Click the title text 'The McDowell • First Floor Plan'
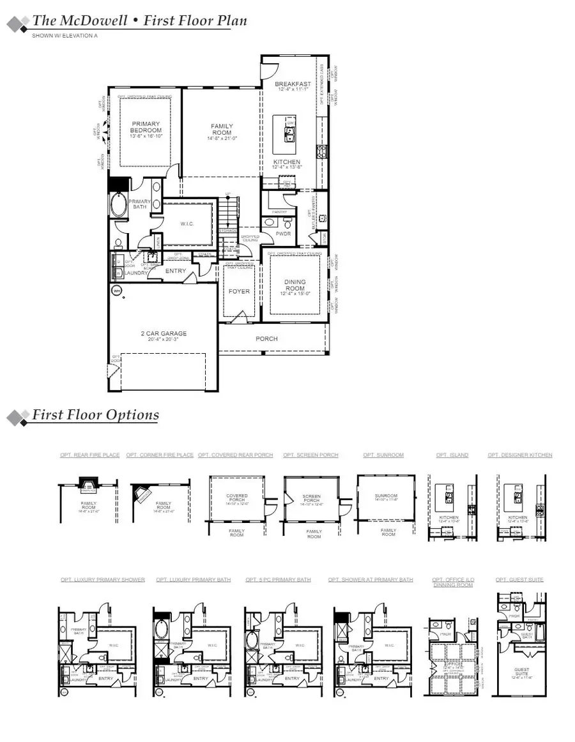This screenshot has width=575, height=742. coord(139,20)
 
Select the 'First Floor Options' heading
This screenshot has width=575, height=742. coord(96,415)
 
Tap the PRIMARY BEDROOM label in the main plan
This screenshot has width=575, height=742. coord(146,127)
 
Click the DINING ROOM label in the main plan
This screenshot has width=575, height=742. coord(295,285)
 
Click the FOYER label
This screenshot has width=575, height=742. coord(239,291)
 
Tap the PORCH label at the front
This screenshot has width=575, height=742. coord(266,338)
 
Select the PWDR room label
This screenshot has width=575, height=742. coord(284,234)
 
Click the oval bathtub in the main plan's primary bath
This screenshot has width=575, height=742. coord(119,206)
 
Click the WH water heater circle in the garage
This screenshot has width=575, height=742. coord(117,291)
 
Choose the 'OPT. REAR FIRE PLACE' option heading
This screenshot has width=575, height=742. coord(90,455)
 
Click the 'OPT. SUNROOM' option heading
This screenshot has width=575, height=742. coord(383,455)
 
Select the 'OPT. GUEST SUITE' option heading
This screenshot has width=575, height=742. coord(519,580)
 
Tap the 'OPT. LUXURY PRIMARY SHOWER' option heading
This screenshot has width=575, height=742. coord(103,580)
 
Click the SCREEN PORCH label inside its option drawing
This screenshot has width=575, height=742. coord(312,498)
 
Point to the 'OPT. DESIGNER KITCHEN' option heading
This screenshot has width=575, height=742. coord(520,455)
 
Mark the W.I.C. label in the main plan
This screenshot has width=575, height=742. coord(187,223)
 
